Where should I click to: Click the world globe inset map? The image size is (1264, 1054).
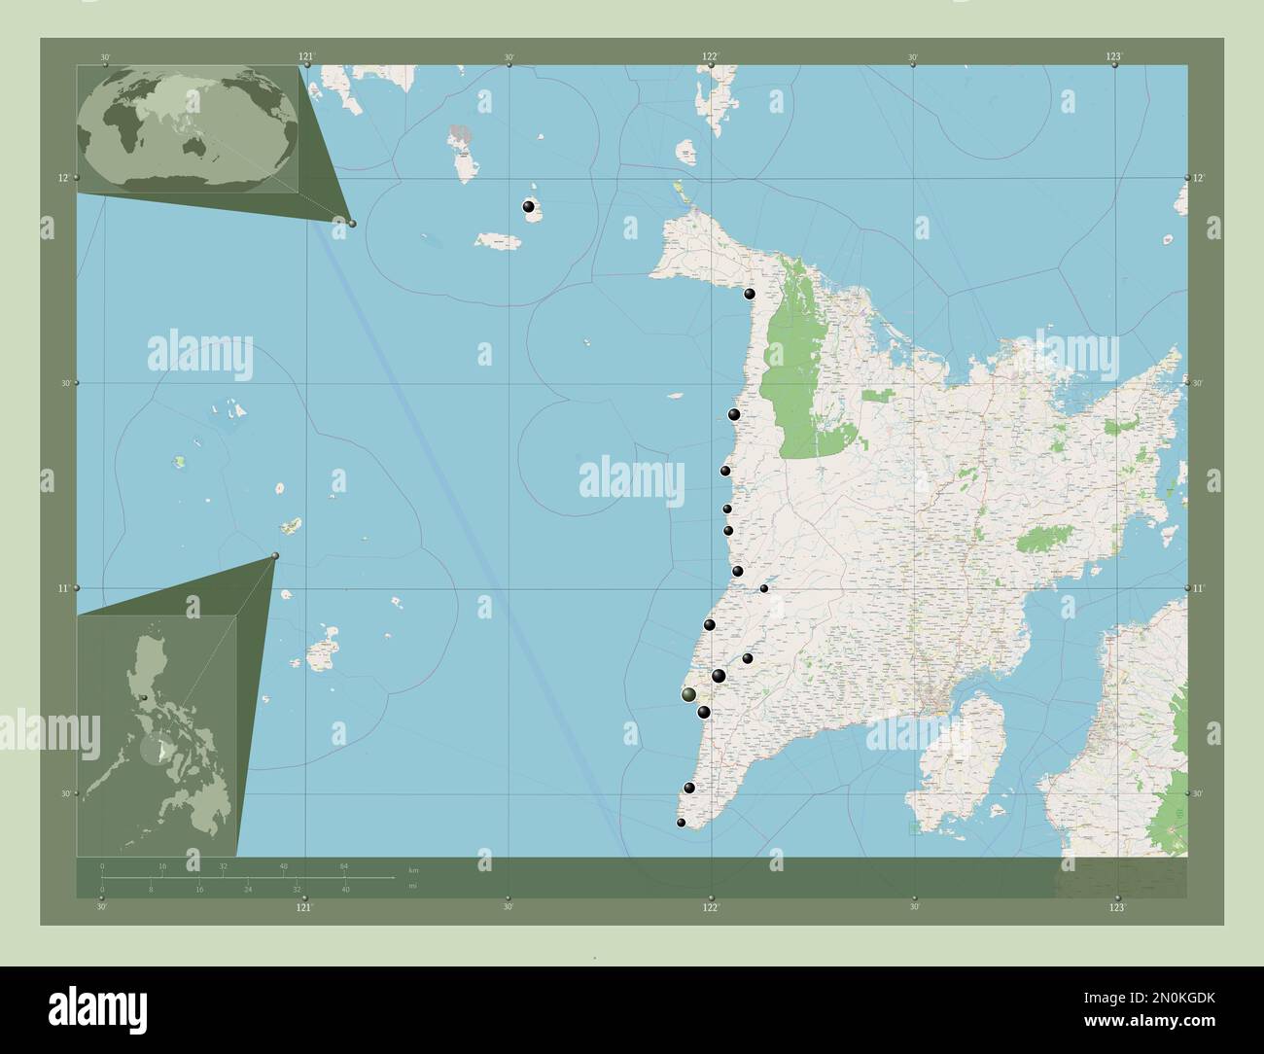pos(187,129)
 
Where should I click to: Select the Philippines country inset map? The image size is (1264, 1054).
pos(157,737)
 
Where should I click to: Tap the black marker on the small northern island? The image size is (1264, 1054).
pos(529,207)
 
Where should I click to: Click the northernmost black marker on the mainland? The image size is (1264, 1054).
pos(750,294)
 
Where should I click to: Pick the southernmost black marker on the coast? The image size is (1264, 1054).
pos(682,824)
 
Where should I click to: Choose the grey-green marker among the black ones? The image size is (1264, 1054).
pos(688,694)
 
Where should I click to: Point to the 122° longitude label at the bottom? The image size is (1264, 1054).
pos(711,907)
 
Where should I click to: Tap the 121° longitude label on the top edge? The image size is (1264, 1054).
pos(306,56)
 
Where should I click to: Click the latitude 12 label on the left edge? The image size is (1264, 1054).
pos(63,178)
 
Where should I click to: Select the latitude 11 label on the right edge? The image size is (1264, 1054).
pos(1199,588)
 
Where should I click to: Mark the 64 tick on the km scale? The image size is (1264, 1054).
pos(344,865)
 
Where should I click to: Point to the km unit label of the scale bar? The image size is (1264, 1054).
pos(413,869)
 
